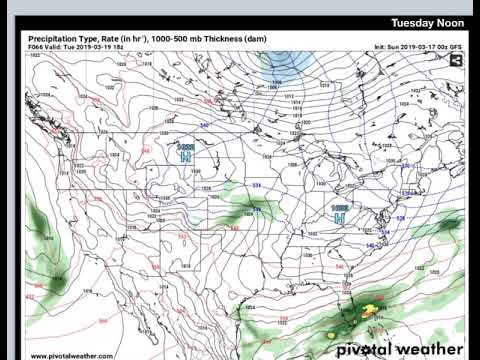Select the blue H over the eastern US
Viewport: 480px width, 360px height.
[x=339, y=213]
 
